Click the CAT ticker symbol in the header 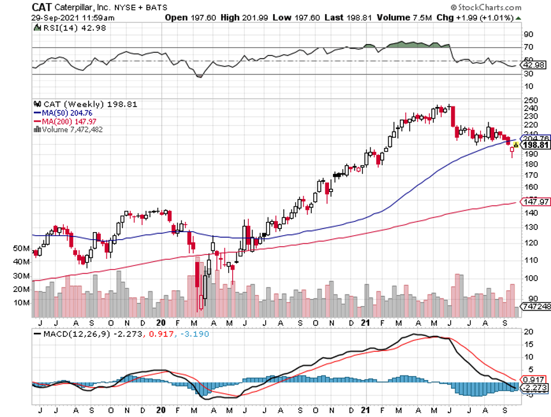pyautogui.click(x=42, y=6)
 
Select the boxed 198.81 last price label pyautogui.click(x=536, y=145)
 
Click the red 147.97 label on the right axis pyautogui.click(x=536, y=201)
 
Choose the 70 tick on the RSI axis pyautogui.click(x=528, y=47)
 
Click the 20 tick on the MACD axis pyautogui.click(x=528, y=332)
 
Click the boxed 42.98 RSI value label pyautogui.click(x=534, y=65)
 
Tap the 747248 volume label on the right pyautogui.click(x=536, y=307)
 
